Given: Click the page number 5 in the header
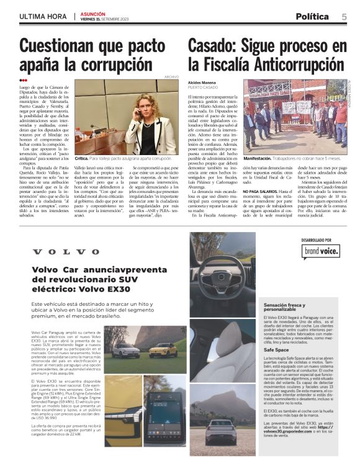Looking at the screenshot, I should pos(344,17).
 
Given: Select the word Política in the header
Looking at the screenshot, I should pos(312,17).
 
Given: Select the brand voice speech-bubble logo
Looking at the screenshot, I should pos(322,251).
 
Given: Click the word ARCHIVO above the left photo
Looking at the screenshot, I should pos(171,77).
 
